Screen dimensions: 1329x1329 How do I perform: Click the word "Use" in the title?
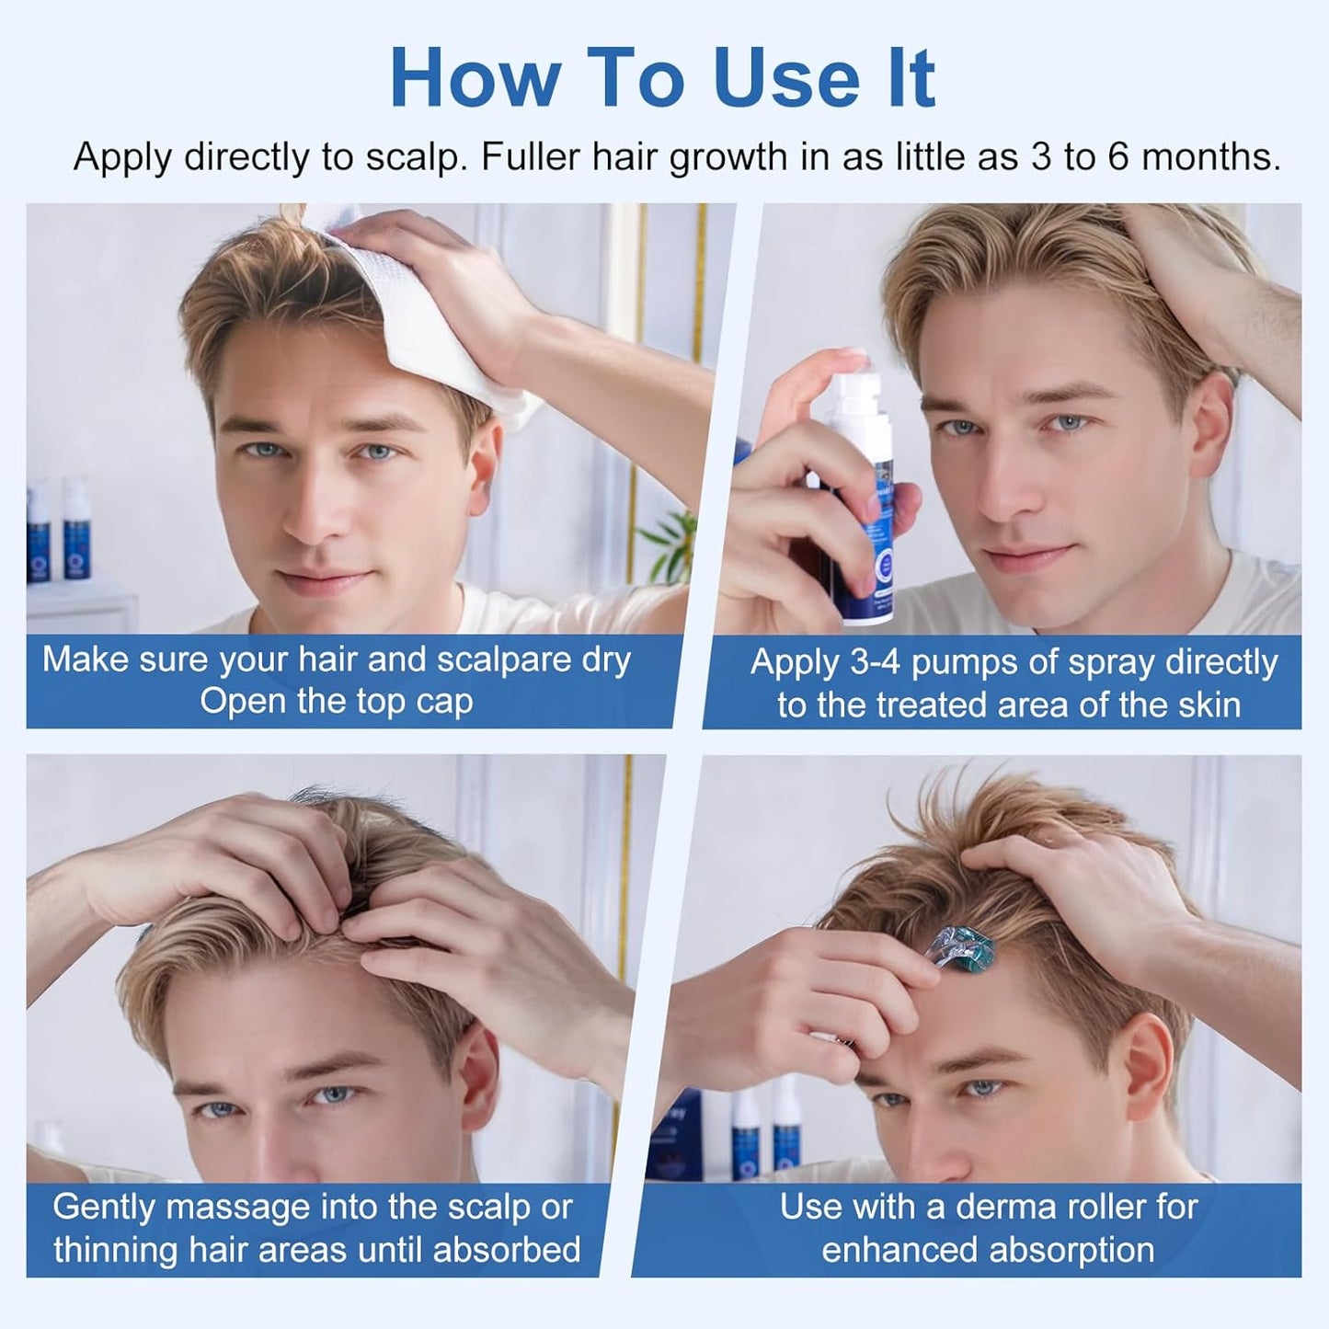pyautogui.click(x=785, y=79)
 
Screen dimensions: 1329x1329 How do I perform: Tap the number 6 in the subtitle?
pyautogui.click(x=1117, y=157)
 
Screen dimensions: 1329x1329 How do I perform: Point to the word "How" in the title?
pyautogui.click(x=475, y=79)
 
